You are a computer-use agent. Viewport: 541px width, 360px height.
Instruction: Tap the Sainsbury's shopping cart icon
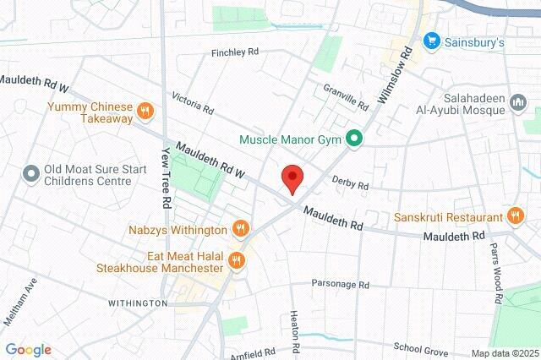pyautogui.click(x=431, y=40)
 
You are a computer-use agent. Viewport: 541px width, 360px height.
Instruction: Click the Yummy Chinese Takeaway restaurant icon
pyautogui.click(x=145, y=111)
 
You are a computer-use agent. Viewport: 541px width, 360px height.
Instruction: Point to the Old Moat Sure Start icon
pyautogui.click(x=31, y=174)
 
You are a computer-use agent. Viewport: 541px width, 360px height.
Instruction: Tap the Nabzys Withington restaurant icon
pyautogui.click(x=241, y=228)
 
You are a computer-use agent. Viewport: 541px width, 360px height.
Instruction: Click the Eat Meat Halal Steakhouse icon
pyautogui.click(x=237, y=260)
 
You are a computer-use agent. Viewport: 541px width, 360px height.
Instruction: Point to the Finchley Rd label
pyautogui.click(x=235, y=52)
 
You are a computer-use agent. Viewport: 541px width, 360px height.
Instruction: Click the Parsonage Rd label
pyautogui.click(x=341, y=285)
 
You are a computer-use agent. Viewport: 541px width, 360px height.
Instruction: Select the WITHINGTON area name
pyautogui.click(x=138, y=303)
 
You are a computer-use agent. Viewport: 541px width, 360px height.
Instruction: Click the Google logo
pyautogui.click(x=28, y=350)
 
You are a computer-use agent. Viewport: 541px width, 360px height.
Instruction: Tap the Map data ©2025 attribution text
pyautogui.click(x=504, y=353)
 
